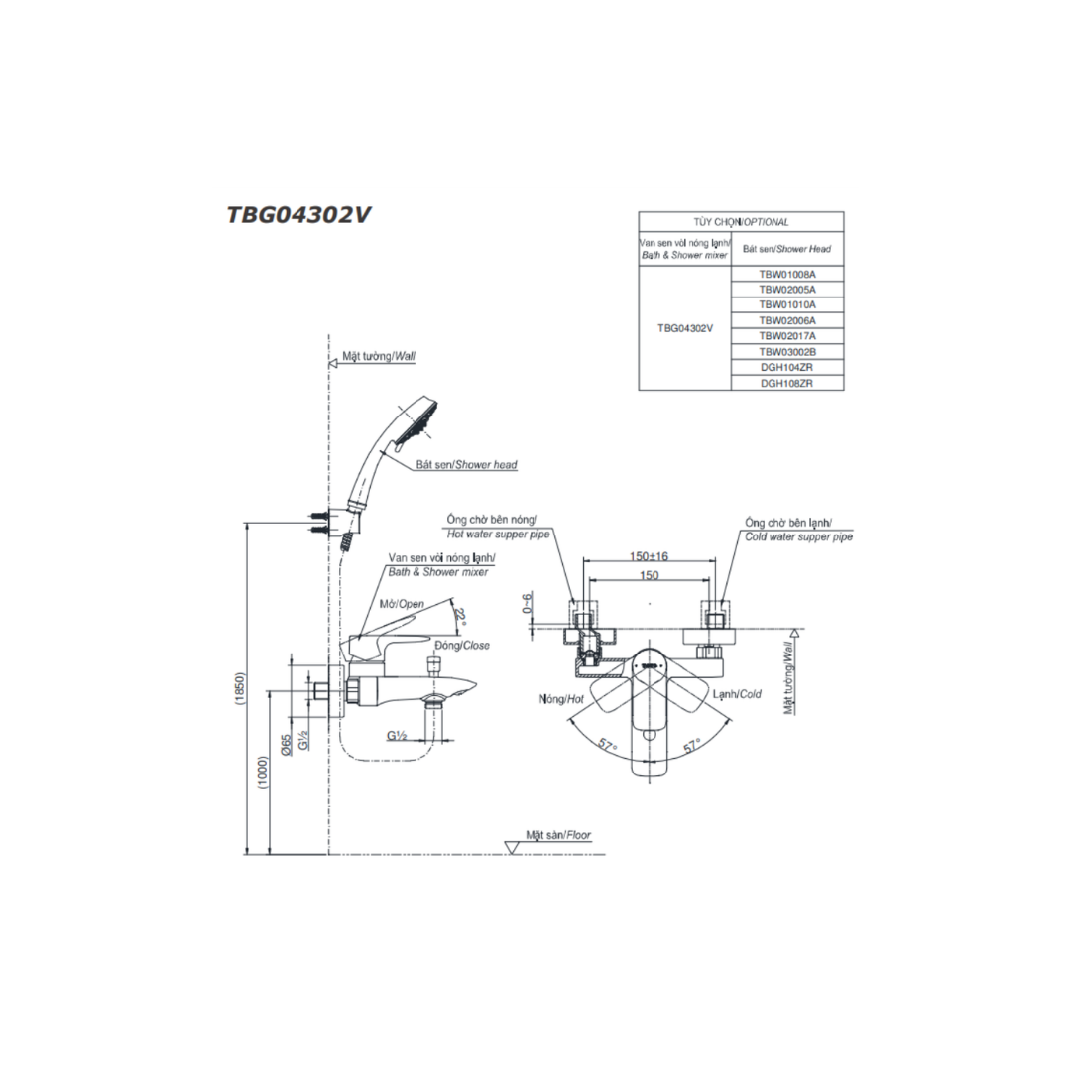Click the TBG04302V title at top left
(x=298, y=215)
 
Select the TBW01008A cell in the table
(x=786, y=274)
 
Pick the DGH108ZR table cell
(x=786, y=383)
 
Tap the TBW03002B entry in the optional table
(x=786, y=352)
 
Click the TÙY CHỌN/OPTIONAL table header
(x=741, y=222)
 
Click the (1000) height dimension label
(x=263, y=773)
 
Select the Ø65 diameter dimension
(x=287, y=743)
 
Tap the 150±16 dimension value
(x=649, y=556)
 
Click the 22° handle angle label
(x=461, y=617)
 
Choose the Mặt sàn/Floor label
(x=558, y=835)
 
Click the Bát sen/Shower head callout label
(x=466, y=464)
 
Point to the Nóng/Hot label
(x=561, y=699)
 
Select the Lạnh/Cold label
(x=737, y=694)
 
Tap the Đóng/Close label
(x=462, y=645)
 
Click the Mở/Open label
(x=402, y=604)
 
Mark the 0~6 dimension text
(x=527, y=603)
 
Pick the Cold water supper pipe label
(x=798, y=536)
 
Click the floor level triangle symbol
(x=513, y=847)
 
